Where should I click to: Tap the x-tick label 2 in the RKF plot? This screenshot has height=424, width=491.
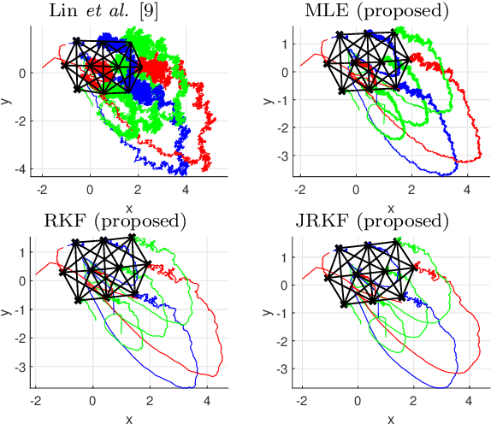(150, 397)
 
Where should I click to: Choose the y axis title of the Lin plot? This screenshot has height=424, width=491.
(7, 101)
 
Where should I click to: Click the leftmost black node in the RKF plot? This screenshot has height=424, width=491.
(62, 272)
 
